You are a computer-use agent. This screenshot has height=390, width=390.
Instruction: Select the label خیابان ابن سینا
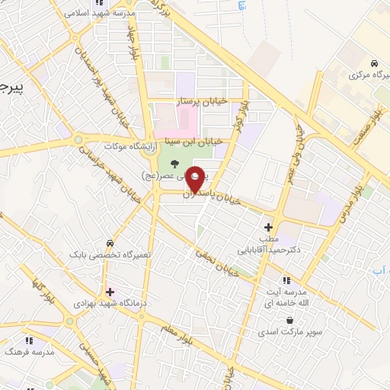point(193,141)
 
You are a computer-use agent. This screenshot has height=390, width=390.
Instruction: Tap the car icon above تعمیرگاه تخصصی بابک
point(111,243)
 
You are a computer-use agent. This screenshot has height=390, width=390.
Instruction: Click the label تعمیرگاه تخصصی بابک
point(110,254)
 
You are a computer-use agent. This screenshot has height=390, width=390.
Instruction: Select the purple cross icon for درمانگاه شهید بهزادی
point(111,292)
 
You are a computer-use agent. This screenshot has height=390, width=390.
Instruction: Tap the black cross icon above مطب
point(268,227)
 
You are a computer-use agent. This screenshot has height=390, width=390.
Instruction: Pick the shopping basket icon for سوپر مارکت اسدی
point(289,321)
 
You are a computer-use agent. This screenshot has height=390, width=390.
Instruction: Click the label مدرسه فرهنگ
point(27,353)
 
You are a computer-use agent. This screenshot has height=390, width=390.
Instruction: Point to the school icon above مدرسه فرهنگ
point(30,340)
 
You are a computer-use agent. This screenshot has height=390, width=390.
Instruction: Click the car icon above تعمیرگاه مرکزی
point(373,63)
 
